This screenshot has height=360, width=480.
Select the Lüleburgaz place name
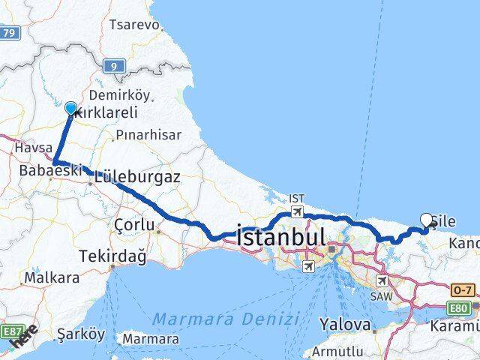137,178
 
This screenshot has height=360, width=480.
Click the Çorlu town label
135,225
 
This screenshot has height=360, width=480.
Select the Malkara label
52,277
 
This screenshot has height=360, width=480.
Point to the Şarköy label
75,334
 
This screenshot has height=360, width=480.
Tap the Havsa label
32,148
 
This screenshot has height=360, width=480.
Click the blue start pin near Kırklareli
71,109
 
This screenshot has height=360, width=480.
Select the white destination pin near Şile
427,220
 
